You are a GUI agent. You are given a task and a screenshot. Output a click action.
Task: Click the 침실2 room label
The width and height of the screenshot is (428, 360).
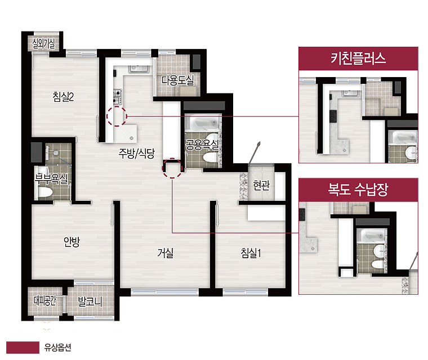pos(63,97)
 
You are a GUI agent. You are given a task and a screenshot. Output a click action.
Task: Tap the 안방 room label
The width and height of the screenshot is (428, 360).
pos(72,241)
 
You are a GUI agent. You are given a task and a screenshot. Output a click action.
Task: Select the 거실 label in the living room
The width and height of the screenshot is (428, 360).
pos(166,253)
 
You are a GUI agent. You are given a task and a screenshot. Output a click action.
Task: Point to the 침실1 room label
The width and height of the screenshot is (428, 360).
pos(251,253)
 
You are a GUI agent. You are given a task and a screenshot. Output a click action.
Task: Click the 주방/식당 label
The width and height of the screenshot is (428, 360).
pos(136,153)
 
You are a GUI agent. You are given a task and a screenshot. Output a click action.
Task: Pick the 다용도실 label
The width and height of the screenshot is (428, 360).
pos(178,80)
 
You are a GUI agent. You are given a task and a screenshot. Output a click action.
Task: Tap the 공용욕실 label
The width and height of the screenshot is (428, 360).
pos(202,145)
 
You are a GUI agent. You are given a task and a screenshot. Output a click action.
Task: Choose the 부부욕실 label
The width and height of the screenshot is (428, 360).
pos(51,179)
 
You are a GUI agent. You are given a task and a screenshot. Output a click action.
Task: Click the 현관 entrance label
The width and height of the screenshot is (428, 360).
pos(261,185)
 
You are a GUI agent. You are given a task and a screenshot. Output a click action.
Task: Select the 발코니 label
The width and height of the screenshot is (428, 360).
pos(90,301)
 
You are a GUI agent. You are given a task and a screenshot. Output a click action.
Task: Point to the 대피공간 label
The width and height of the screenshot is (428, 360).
pos(44,300)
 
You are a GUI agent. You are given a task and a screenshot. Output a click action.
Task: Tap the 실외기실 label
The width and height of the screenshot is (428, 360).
pos(44,43)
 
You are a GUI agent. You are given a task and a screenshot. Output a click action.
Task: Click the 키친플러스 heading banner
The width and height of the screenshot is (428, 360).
pos(358,58)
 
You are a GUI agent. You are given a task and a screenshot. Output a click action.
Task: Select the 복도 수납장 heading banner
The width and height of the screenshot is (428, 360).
pos(358,190)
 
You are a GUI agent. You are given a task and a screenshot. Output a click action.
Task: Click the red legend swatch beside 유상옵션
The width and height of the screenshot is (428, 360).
pos(23,348)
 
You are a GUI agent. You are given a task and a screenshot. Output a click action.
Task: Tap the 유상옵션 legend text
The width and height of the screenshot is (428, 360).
pos(58,348)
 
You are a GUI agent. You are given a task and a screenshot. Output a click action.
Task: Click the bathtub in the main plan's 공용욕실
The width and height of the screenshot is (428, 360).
pos(202,124)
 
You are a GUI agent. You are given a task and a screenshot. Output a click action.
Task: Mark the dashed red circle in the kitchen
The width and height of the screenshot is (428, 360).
pos(117,116)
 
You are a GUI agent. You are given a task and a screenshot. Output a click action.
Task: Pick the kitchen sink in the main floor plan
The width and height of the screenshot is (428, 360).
pos(139,69)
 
